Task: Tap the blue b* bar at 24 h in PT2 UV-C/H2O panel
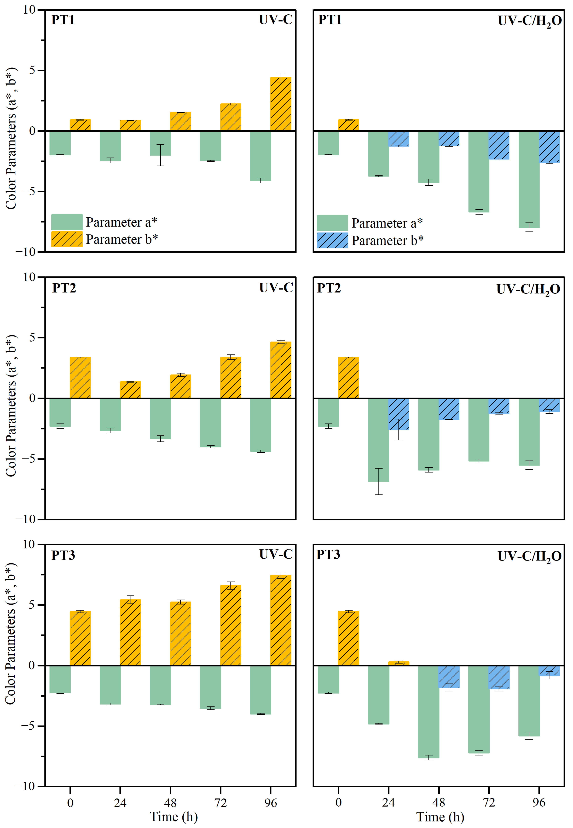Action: (x=398, y=414)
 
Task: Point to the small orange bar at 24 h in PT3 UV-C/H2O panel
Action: (x=398, y=663)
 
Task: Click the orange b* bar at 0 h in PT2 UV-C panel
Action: (x=80, y=378)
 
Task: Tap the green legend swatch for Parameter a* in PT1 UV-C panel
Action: (x=67, y=222)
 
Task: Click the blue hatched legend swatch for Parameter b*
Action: (x=332, y=240)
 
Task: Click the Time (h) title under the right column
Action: (x=440, y=817)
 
